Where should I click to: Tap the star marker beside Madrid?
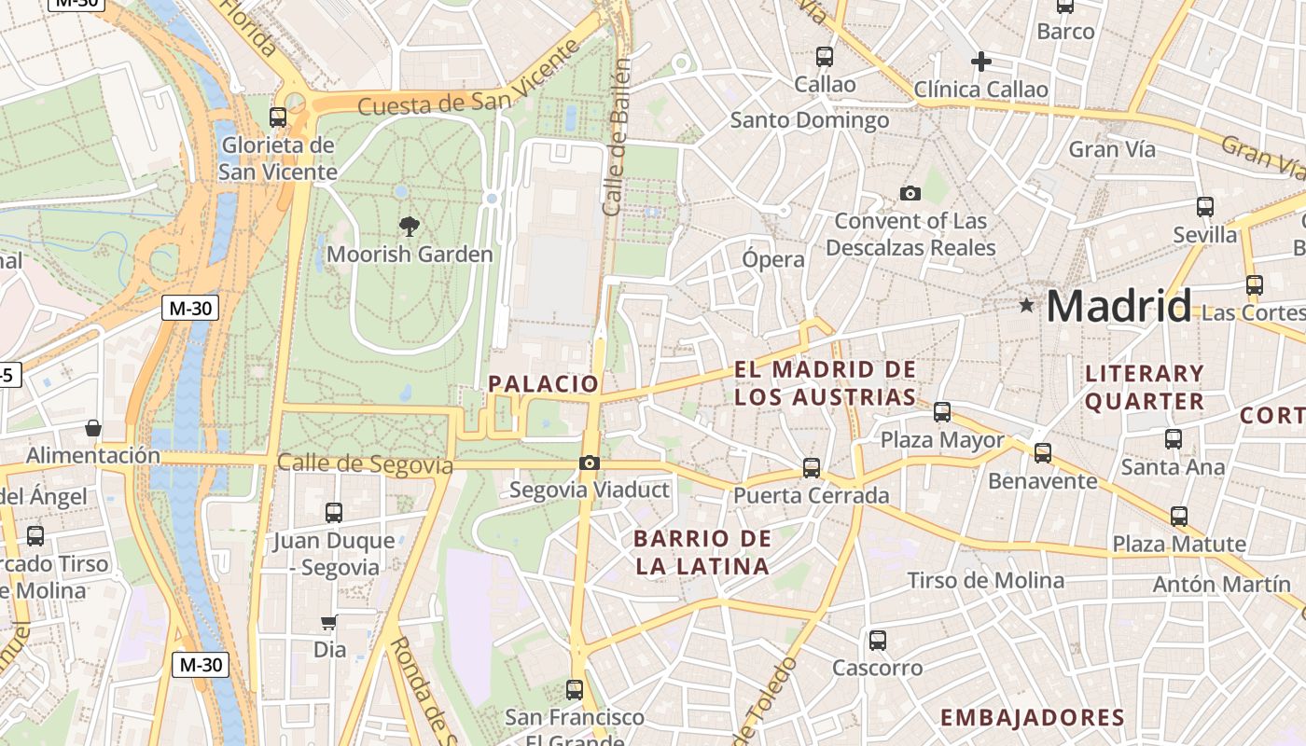(x=1027, y=305)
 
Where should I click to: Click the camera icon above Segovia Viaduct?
(x=589, y=463)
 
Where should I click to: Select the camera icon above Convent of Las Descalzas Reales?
(x=910, y=193)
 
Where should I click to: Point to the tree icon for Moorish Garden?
(x=409, y=225)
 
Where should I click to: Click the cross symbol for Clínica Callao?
(x=980, y=62)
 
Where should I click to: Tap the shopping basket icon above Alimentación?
(x=93, y=428)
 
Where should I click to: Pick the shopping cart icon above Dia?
(x=328, y=622)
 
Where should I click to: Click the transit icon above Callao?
(x=825, y=56)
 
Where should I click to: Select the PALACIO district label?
(x=544, y=383)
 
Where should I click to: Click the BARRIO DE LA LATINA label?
(x=702, y=552)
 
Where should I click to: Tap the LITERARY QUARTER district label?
(x=1145, y=387)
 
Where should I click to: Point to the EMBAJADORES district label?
(x=1033, y=717)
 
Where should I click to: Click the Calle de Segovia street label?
(x=365, y=463)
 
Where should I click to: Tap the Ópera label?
(x=773, y=259)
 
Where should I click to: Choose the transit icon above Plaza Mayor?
(x=942, y=411)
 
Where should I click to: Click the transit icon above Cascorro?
(x=878, y=640)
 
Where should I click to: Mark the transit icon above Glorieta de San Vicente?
(x=278, y=117)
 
